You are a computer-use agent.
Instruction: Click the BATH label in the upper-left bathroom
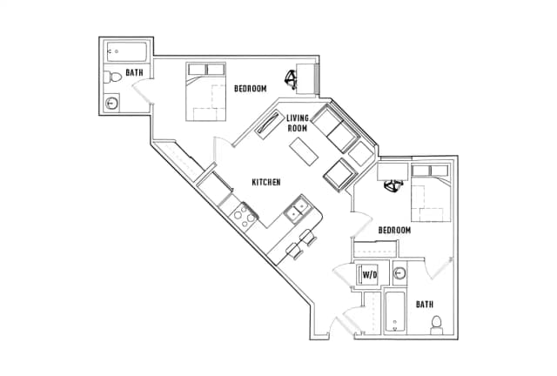pos(134,72)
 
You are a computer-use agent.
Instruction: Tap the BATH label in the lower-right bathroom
pos(425,305)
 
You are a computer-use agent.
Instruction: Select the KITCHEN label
pos(266,182)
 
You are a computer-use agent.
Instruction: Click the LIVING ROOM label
pos(298,123)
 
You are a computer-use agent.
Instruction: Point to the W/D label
pos(369,275)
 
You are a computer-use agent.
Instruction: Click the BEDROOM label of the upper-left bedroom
pos(250,89)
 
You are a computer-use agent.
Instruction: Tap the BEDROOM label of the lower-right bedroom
pos(394,231)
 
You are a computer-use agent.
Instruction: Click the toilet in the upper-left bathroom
pos(112,77)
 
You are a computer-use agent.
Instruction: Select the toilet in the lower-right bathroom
pos(436,326)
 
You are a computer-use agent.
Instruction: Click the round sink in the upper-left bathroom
pos(111,104)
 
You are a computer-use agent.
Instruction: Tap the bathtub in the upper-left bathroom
pos(127,52)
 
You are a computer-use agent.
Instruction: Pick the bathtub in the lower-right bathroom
pos(395,312)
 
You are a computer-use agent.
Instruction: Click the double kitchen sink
pos(298,210)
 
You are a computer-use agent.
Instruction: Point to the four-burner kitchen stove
pos(244,217)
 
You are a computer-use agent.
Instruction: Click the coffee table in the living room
pos(304,151)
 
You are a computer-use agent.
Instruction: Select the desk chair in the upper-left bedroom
pos(291,79)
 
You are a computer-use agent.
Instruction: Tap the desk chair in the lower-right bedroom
pos(393,186)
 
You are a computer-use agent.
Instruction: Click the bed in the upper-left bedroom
pos(206,91)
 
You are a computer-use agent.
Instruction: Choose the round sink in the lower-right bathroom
pos(399,273)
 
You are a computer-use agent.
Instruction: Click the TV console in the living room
pos(269,123)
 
